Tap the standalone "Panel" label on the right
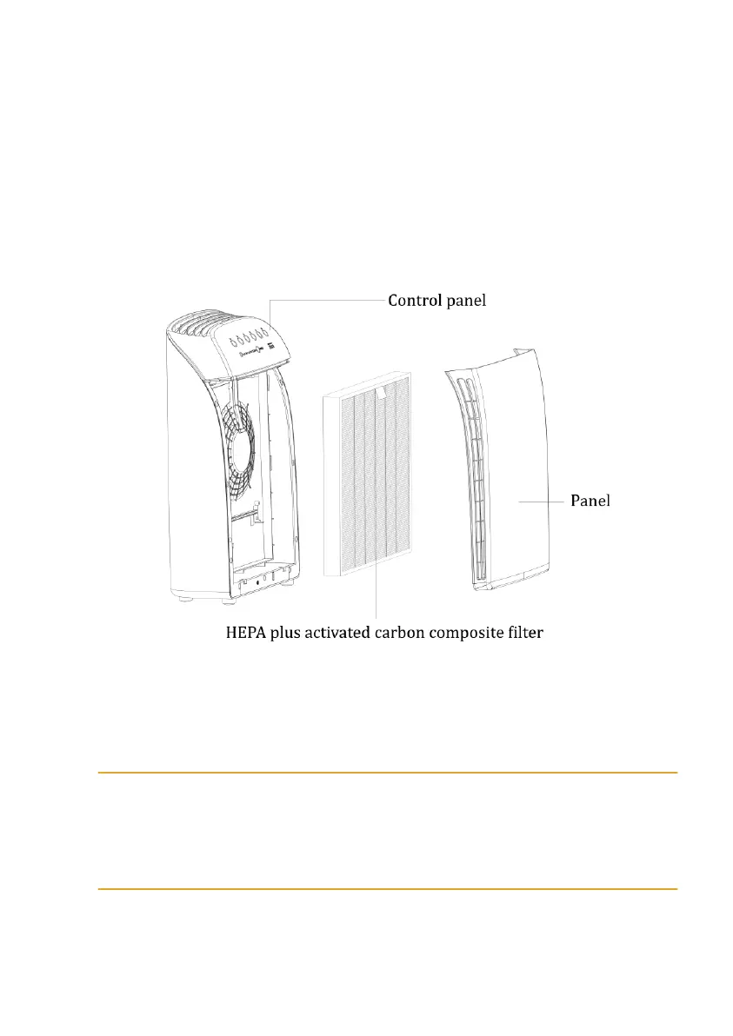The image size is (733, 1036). (x=590, y=501)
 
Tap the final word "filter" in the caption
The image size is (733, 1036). (x=522, y=633)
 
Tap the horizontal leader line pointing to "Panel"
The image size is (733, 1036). (x=539, y=501)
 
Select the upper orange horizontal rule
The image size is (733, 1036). (x=387, y=772)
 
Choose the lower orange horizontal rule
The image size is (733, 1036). (x=387, y=889)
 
